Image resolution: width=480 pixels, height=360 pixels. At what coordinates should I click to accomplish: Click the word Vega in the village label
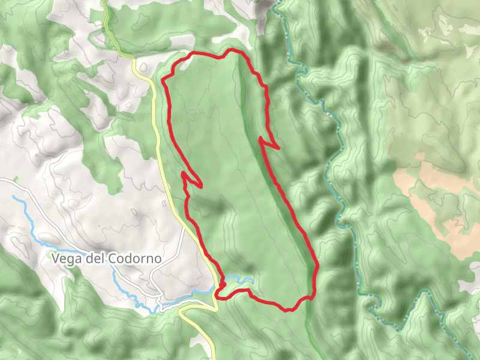(x=66, y=259)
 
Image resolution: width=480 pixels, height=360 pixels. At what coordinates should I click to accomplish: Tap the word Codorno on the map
(x=136, y=259)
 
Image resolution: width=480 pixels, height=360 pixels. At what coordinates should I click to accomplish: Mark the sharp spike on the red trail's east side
(x=278, y=147)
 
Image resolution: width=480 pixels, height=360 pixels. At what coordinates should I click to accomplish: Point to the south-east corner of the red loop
(x=312, y=296)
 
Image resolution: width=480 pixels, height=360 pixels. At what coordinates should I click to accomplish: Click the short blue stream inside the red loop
(x=240, y=279)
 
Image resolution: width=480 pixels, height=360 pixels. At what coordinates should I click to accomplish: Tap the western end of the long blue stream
(x=13, y=197)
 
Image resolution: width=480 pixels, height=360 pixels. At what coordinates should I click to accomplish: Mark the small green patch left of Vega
(x=16, y=179)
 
